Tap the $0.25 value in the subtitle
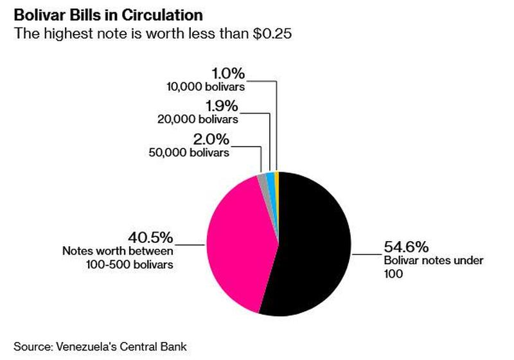272,34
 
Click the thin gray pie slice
263,183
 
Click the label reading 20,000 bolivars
198,119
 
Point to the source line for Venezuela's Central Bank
100,346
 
